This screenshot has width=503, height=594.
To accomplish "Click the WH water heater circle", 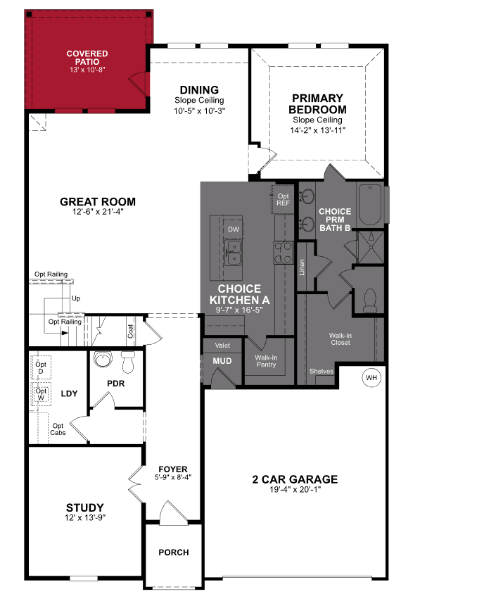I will [371, 379].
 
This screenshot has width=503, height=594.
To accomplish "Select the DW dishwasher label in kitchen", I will [234, 229].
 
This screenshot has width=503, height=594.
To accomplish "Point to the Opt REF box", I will [283, 200].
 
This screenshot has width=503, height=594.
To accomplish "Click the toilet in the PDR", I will [128, 363].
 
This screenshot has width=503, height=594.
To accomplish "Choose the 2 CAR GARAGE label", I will [295, 480].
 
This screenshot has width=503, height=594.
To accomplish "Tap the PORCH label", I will [173, 552].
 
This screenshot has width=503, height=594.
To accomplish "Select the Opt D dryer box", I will [41, 367].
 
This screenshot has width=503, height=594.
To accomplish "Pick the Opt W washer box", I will [41, 394].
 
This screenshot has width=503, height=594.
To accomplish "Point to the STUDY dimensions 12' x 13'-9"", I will [85, 518].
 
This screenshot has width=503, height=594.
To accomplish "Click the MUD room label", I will [222, 361].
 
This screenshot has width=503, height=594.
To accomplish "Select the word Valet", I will [222, 346].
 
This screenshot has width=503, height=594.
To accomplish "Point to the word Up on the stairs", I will [76, 298].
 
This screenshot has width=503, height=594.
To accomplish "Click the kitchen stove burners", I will [283, 252].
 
